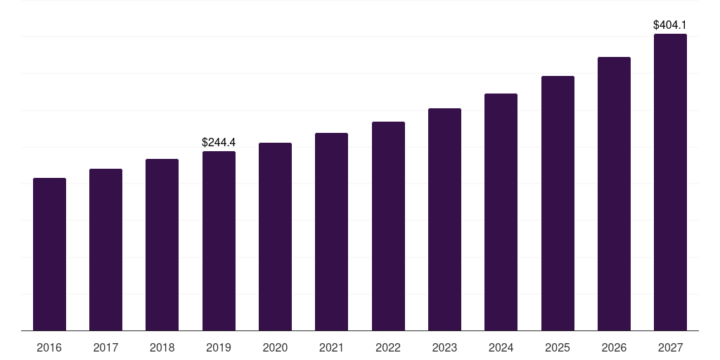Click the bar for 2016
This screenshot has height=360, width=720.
49,255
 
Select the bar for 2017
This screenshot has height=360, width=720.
105,250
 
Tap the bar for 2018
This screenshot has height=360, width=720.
162,245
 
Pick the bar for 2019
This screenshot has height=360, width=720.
219,241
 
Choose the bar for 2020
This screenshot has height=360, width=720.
275,237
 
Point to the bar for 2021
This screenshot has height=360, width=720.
331,232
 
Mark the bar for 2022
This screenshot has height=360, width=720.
388,226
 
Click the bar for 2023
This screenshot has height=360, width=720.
444,219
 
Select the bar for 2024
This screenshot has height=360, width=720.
501,212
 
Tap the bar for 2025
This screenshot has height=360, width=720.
558,203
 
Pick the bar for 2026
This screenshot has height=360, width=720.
614,194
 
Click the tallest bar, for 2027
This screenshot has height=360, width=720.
670,182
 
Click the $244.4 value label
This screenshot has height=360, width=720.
219,143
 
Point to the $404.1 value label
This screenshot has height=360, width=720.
670,25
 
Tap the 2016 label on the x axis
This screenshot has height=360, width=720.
49,348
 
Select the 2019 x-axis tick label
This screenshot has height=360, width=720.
219,348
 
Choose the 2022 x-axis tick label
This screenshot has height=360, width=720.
388,348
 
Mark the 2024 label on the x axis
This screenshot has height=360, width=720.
501,348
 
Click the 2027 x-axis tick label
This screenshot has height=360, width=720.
670,348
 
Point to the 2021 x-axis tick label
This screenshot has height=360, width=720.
331,348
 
